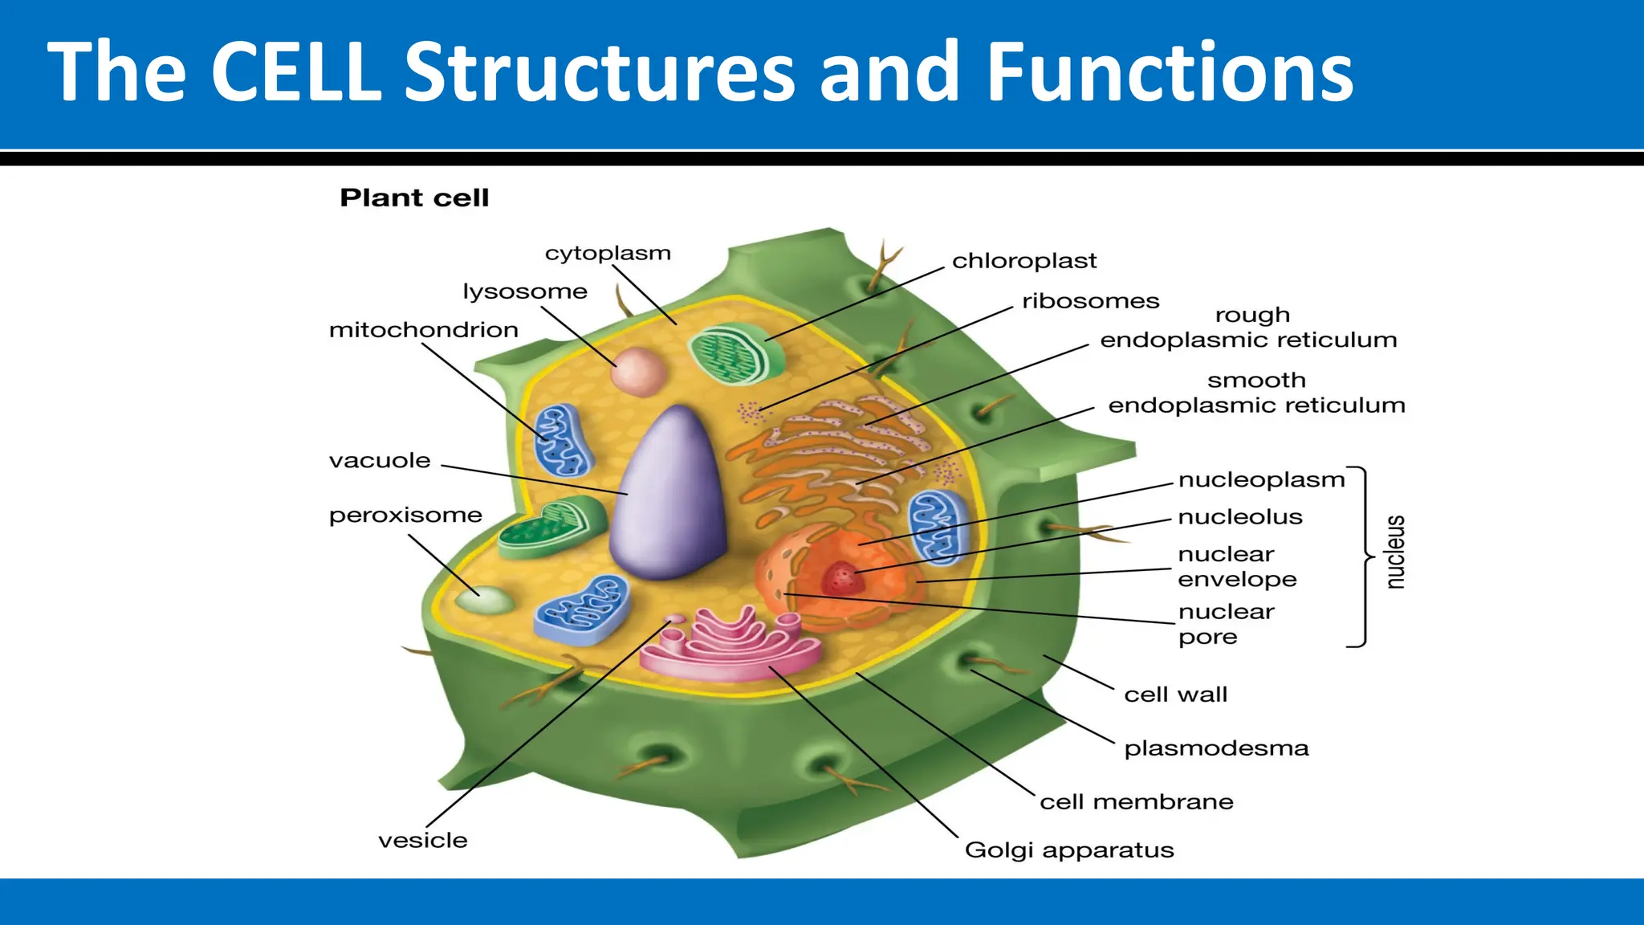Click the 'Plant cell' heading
click(x=414, y=198)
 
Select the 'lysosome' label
click(x=525, y=291)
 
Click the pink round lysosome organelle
click(x=639, y=372)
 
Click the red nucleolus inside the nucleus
click(x=842, y=577)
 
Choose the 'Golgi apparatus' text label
click(x=1068, y=850)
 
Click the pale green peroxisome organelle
click(x=485, y=600)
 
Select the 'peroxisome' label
click(x=405, y=515)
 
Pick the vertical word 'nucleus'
click(x=1395, y=552)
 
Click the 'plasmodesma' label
click(x=1216, y=748)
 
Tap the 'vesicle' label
click(x=423, y=841)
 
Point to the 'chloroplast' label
click(x=1023, y=261)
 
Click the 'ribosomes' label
click(x=1090, y=301)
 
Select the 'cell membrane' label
click(x=1136, y=802)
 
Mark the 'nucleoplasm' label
click(x=1261, y=480)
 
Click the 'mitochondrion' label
click(x=423, y=330)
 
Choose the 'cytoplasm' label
click(x=608, y=254)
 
